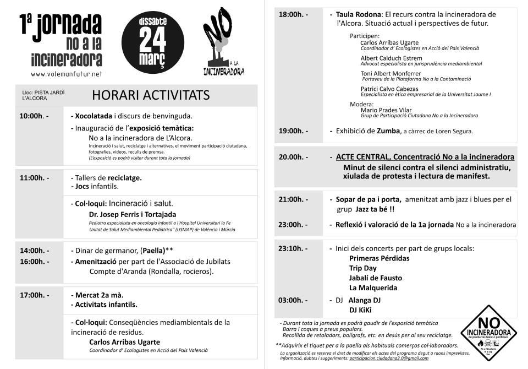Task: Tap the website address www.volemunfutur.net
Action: (67, 74)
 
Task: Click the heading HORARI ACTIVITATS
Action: (150, 95)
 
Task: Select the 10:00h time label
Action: (34, 116)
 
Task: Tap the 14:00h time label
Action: (34, 251)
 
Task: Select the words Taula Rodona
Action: (352, 14)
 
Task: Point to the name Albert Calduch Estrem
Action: (391, 58)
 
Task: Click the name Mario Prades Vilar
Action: (386, 110)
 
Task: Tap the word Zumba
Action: (388, 131)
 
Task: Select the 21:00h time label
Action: (293, 199)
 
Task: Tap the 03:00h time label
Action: (293, 300)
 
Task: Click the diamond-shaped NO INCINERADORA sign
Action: (488, 332)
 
